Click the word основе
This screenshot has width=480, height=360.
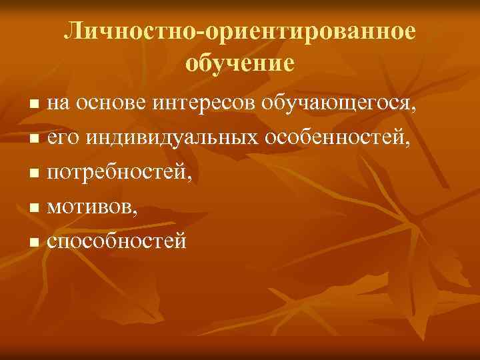click(109, 103)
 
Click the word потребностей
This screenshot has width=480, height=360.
click(120, 174)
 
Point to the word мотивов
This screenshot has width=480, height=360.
click(90, 209)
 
